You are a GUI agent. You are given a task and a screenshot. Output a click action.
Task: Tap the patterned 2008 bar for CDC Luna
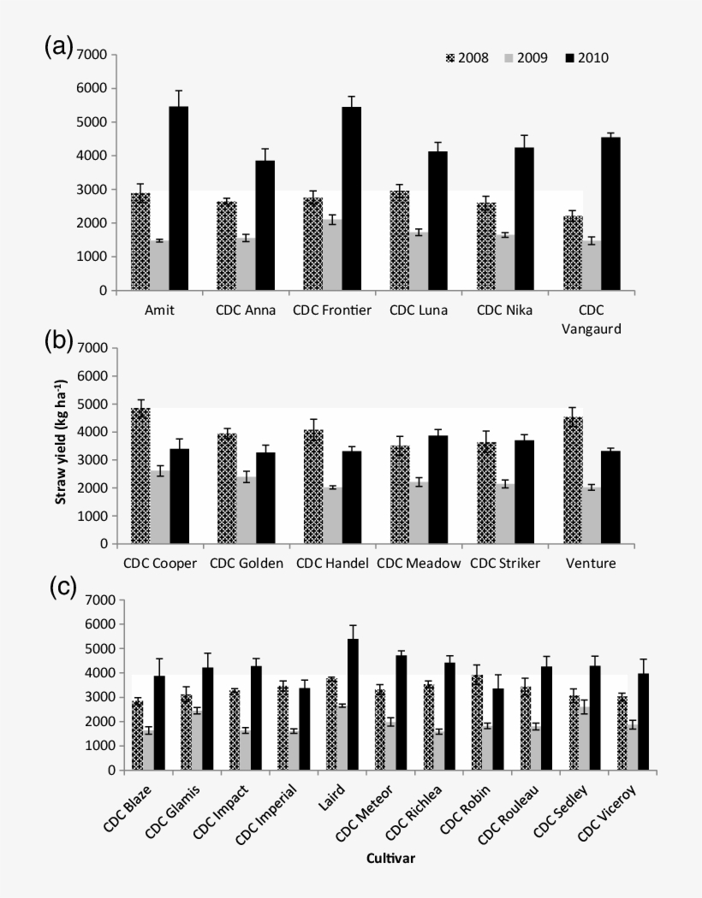pyautogui.click(x=399, y=240)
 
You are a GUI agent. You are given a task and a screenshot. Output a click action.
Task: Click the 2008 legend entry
pyautogui.click(x=467, y=58)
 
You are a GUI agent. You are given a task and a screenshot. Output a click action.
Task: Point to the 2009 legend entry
pyautogui.click(x=527, y=58)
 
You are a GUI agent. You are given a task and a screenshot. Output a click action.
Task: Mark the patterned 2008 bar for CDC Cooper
pyautogui.click(x=140, y=476)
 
